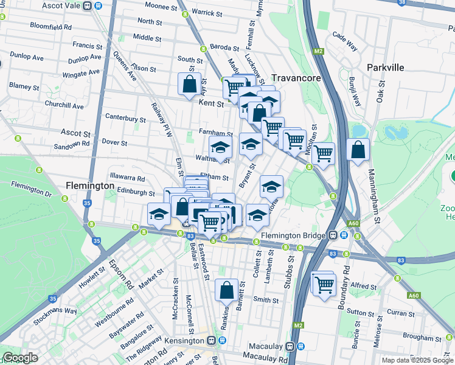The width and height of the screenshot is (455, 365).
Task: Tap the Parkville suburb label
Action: pyautogui.click(x=386, y=68)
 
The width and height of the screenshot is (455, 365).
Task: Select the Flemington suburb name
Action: pyautogui.click(x=89, y=186)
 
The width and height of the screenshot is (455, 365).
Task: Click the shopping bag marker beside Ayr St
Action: pyautogui.click(x=189, y=84)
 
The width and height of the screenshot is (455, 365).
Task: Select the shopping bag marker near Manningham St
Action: pyautogui.click(x=358, y=150)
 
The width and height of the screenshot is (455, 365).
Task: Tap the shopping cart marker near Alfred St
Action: pyautogui.click(x=324, y=283)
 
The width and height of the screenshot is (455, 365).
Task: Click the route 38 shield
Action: pyautogui.click(x=418, y=2)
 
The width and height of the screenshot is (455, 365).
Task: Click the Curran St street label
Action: pyautogui.click(x=400, y=313)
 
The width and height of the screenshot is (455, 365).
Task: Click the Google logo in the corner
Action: pyautogui.click(x=20, y=358)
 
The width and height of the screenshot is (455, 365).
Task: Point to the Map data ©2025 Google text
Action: pyautogui.click(x=417, y=360)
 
